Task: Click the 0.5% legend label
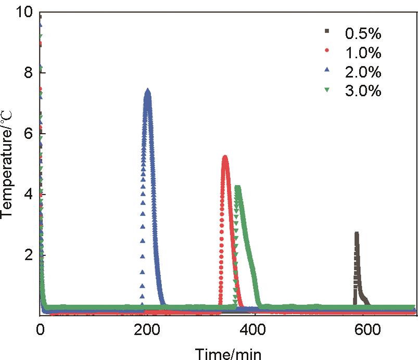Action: (363, 34)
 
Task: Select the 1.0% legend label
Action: (363, 53)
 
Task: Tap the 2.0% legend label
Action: (363, 72)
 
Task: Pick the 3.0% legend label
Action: (363, 91)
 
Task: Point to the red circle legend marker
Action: (327, 50)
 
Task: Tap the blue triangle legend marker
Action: (327, 69)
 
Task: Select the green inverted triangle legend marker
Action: (327, 89)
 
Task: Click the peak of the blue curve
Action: (148, 91)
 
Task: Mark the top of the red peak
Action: (225, 157)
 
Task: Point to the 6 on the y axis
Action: (29, 134)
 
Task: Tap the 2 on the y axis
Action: (29, 255)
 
